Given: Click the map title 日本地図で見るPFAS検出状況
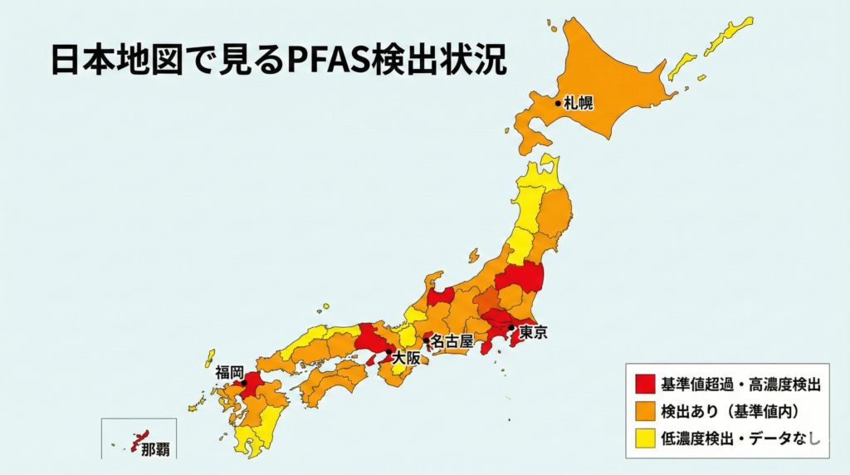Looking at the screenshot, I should [278, 61].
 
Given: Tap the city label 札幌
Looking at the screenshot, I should [578, 104].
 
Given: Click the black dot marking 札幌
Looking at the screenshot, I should [559, 104].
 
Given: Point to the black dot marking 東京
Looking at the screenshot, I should [512, 328].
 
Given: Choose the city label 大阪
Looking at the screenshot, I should [406, 359].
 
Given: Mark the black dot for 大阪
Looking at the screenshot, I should [388, 352].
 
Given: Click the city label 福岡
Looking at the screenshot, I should [229, 372].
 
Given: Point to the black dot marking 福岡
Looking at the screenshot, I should [244, 383].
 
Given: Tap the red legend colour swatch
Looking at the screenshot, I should [645, 384].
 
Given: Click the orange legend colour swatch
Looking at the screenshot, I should [645, 410].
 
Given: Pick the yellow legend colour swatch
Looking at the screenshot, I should [645, 437].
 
